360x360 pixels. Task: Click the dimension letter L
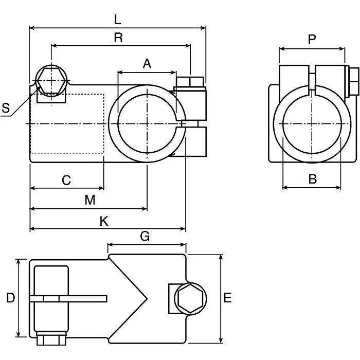coord(117,20)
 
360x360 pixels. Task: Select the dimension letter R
coord(118,38)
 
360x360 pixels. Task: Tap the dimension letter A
coord(147,64)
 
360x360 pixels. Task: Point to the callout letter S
coord(6,108)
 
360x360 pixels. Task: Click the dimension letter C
coord(66,181)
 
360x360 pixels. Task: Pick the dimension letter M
coord(90,200)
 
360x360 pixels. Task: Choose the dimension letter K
coord(104,221)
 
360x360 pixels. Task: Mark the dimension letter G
coord(145,237)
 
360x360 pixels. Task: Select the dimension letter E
coord(228,298)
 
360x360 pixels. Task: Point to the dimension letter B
coord(312,179)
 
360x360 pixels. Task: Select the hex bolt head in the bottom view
coord(191,298)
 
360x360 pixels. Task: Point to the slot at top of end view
coord(312,80)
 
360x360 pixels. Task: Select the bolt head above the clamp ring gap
coord(190,82)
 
